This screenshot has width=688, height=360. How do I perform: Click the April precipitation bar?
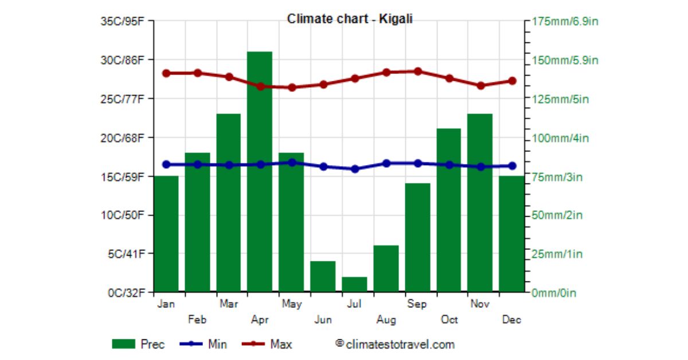[x=260, y=172]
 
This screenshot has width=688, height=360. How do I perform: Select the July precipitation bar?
[x=354, y=285]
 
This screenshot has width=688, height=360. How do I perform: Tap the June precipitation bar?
[x=323, y=277]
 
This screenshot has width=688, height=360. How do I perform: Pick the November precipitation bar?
[x=480, y=203]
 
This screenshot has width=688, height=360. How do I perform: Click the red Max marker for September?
[x=417, y=72]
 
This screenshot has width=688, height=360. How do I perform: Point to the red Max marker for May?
[x=292, y=88]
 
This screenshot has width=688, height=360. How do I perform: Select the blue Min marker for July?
[x=355, y=169]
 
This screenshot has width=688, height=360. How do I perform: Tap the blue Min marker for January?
[x=166, y=165]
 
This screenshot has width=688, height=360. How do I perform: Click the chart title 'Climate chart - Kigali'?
[x=350, y=19]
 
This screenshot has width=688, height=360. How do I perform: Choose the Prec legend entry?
[x=138, y=345]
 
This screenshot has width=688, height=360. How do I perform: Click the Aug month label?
[x=386, y=320]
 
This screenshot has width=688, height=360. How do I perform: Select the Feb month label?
[x=197, y=320]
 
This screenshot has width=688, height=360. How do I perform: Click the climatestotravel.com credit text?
[x=395, y=345]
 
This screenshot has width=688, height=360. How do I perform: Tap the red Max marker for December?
[x=512, y=81]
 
